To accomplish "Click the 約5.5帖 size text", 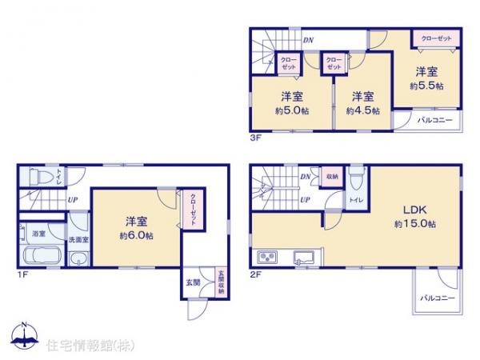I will point(427,85).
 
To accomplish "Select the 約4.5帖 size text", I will point(362,110).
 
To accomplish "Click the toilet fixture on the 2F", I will point(357,177).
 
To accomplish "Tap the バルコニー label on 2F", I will point(437,298).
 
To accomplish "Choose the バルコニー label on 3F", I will point(436,120).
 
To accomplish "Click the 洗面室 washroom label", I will point(78,238).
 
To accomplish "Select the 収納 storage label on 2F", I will point(331,178).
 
